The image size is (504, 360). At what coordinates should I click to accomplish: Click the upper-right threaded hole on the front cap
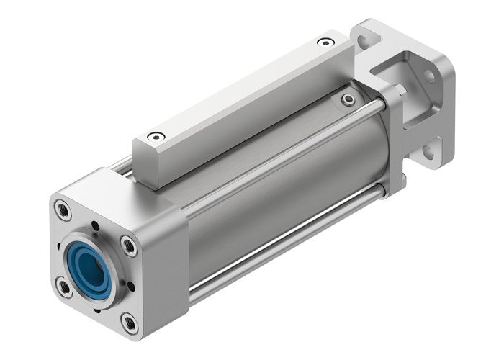click(x=129, y=246)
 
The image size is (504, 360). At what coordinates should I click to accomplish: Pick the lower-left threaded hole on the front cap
click(x=64, y=287)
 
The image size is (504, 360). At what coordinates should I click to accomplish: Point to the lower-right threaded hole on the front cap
click(x=130, y=323)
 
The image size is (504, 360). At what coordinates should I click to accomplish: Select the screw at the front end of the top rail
click(x=156, y=136)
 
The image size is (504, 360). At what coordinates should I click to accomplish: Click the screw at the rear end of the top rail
click(x=326, y=42)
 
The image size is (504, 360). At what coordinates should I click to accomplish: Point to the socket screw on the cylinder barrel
click(x=349, y=100)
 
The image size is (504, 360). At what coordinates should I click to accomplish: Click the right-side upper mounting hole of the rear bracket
click(x=429, y=75)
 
